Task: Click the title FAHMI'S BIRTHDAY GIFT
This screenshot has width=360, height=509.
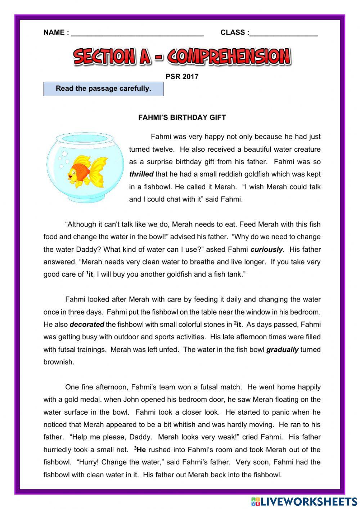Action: point(182,117)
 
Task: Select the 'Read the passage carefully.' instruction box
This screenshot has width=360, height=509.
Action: point(104,89)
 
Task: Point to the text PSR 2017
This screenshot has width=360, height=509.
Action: point(182,76)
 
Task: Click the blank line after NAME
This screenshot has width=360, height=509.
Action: point(138,34)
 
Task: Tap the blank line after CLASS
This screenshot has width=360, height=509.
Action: point(284,34)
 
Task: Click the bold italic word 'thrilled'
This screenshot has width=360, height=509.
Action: point(141,174)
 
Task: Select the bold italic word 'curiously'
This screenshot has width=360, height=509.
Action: point(267,250)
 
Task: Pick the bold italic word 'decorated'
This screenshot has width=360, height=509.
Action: point(87,325)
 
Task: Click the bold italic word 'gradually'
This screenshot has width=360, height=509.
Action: point(282,349)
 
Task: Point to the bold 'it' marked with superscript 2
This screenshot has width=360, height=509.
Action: point(239,324)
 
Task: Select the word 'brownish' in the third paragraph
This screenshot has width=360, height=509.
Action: point(59,362)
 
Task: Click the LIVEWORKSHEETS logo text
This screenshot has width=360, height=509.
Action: point(308,501)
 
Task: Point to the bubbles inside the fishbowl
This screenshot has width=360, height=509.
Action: point(63,158)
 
